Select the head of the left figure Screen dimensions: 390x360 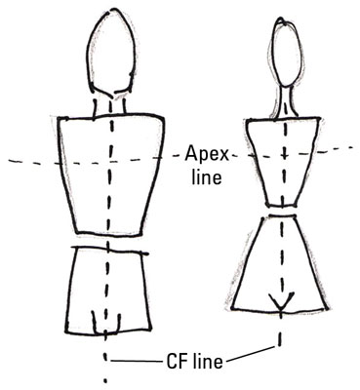tap(106, 48)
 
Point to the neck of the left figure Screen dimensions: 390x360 tap(107, 105)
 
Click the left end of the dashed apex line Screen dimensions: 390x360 tap(8, 160)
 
